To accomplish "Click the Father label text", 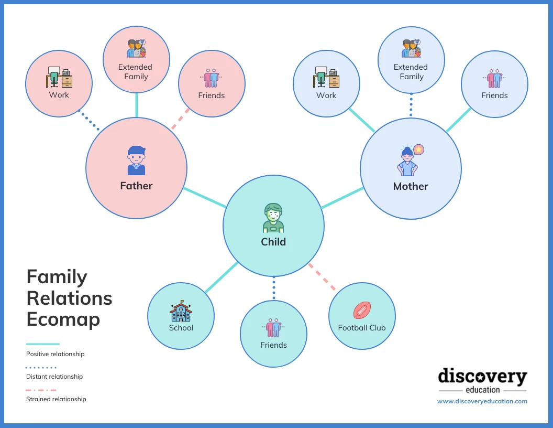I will point(136,186).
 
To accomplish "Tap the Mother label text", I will point(411,186).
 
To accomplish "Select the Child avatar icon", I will point(273,218).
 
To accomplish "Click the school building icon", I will point(181,311).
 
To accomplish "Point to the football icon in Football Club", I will point(362,310).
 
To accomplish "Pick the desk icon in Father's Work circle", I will point(59,77).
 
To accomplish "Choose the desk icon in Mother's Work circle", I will point(326,78).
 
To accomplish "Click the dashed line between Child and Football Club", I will point(322,276).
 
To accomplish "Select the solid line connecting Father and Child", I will point(205,197).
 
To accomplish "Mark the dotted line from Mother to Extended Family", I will point(411,105).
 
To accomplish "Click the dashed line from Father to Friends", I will point(181,119).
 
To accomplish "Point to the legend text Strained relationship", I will point(56,399).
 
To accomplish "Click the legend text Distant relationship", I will point(54,377).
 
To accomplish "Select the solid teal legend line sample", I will point(42,344).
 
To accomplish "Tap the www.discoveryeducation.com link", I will point(482,401).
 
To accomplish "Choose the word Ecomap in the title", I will point(63,319).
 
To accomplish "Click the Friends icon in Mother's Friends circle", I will point(494,79).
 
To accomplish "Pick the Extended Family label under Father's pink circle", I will point(136,72).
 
